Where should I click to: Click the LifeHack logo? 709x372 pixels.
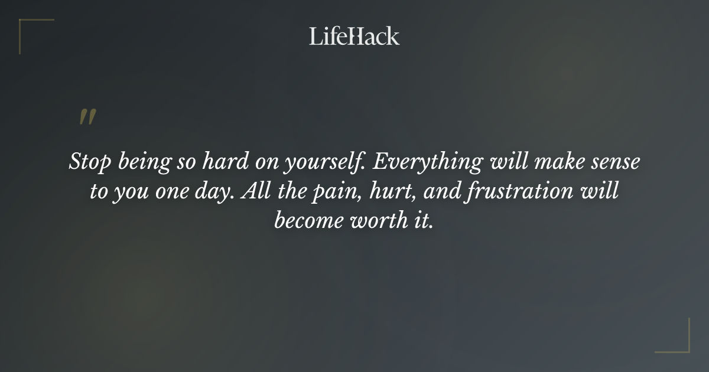point(354,36)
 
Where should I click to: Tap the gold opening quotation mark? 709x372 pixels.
point(87,117)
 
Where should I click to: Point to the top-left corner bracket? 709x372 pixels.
point(30,28)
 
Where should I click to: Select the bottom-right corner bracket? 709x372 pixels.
point(679,342)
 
